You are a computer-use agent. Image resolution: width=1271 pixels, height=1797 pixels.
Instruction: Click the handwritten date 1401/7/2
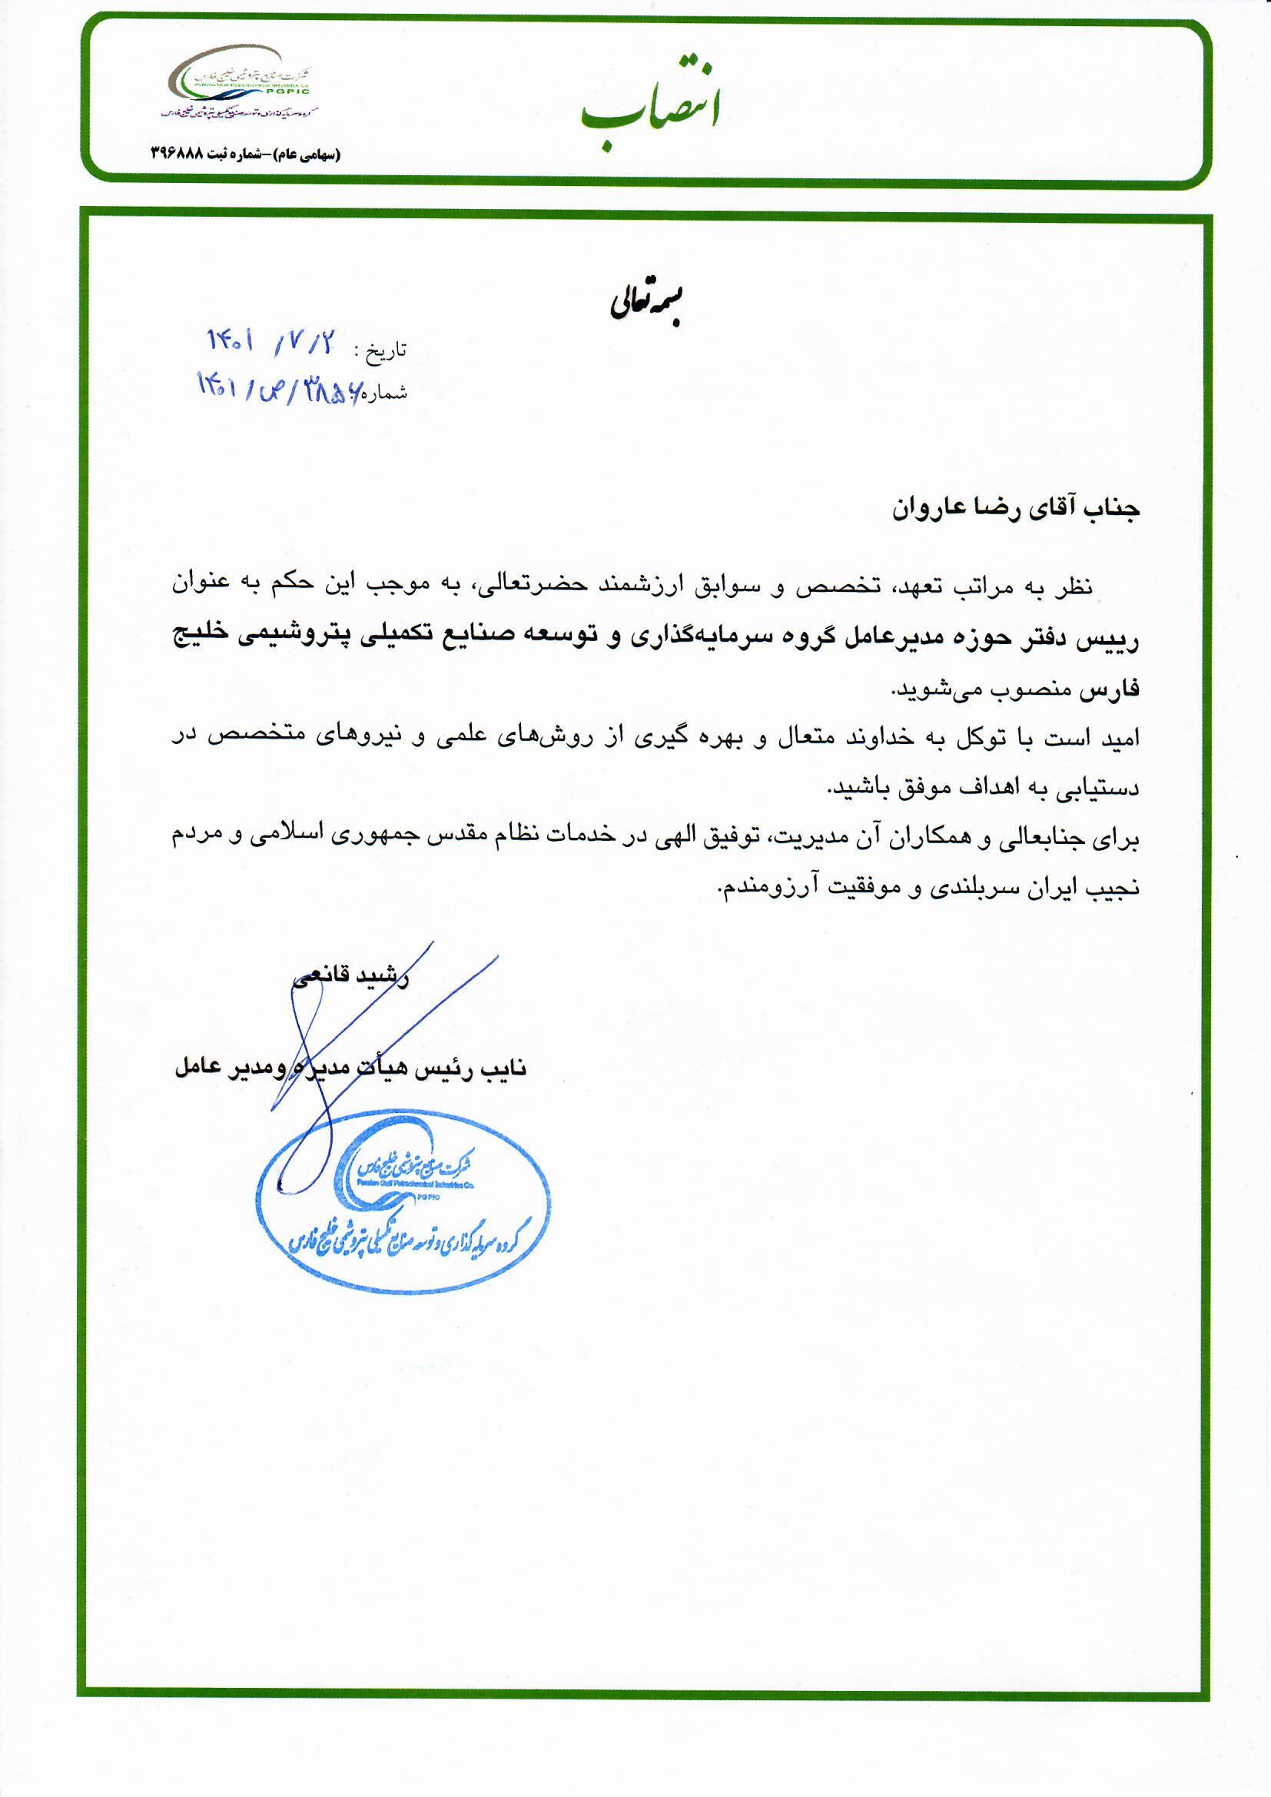(x=270, y=342)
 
